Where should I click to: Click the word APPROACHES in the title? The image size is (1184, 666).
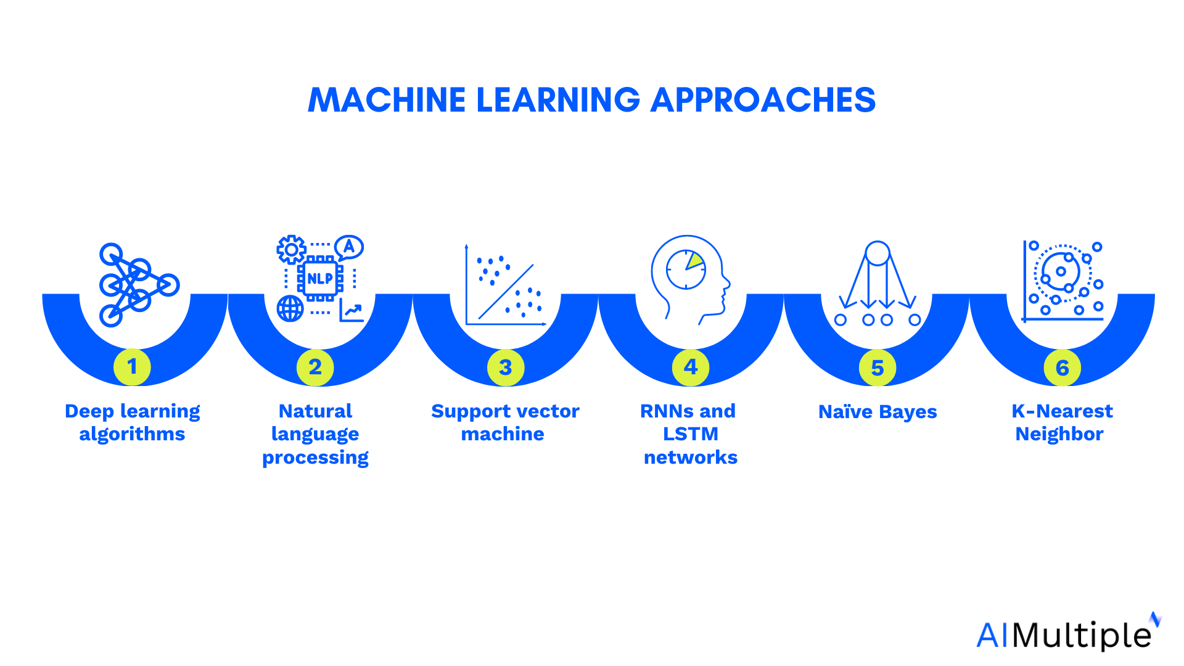[763, 100]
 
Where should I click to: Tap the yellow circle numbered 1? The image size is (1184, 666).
[132, 367]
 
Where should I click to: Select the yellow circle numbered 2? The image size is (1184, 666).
[315, 368]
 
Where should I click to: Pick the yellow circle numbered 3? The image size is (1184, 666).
[506, 368]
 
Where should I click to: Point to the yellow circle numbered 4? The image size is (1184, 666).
[691, 368]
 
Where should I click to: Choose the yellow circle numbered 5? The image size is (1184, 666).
[878, 368]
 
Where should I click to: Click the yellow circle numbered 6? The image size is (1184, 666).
[1062, 368]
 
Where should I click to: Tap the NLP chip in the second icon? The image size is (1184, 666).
[320, 279]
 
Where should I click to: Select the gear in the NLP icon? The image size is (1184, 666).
[291, 250]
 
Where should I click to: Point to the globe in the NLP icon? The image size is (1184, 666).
[290, 308]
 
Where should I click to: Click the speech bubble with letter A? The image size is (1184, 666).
[349, 248]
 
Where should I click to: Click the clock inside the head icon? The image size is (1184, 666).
[686, 269]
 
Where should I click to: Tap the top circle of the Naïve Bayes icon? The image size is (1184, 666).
[878, 253]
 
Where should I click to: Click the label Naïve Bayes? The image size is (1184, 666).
[878, 411]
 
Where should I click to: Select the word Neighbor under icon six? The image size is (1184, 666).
[1059, 434]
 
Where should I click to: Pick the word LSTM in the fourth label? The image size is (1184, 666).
[691, 434]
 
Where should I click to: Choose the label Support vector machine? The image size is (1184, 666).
[505, 422]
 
